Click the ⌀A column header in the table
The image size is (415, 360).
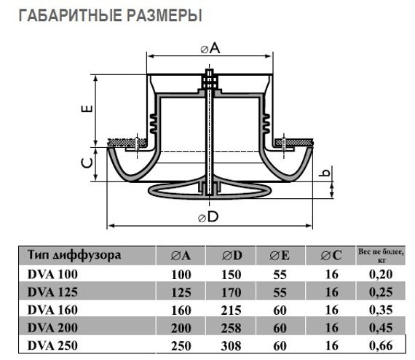click(181, 256)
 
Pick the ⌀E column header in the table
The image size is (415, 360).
click(280, 256)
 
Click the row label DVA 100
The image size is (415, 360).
click(52, 274)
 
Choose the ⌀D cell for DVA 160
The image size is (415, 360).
click(232, 310)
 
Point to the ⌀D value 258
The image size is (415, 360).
click(232, 327)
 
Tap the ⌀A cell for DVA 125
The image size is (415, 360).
click(181, 291)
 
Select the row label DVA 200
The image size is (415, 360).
click(52, 327)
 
